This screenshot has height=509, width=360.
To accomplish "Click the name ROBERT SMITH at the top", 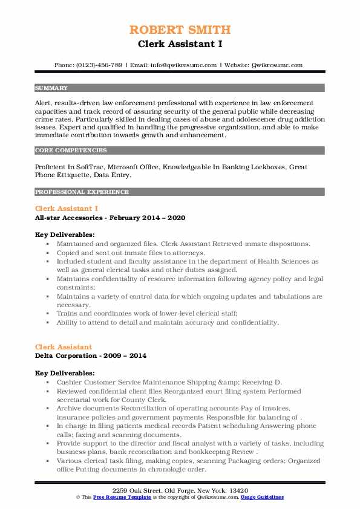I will point(180,30).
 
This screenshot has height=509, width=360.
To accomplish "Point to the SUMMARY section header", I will point(51,88).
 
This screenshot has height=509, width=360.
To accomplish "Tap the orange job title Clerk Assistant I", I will point(66,209).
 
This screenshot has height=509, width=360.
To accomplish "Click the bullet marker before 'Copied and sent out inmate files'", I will point(48,253).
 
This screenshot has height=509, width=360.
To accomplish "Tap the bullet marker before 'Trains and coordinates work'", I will point(48,314).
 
